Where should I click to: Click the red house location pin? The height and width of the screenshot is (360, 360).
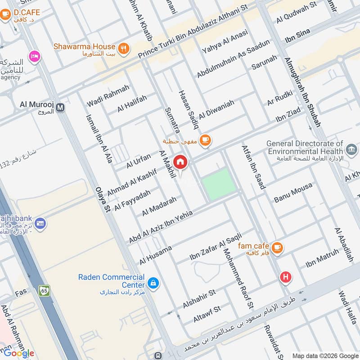coord(180,162)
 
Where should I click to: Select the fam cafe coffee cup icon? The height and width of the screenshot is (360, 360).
coord(277,247)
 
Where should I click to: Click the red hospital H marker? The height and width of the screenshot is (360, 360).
coord(285,277)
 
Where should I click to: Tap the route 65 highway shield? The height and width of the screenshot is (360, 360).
coord(44,291)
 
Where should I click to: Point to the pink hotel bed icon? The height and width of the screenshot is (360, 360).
coord(34,57)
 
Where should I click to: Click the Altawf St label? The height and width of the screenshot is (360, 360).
coord(207,314)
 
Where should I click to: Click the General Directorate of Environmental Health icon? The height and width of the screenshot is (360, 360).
coord(351,148)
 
